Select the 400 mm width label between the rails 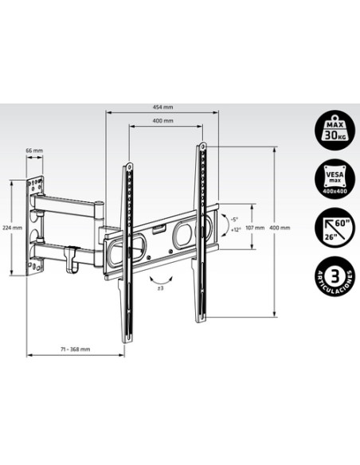tap(163, 121)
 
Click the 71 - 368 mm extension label tap(73, 349)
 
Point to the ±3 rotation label tap(159, 288)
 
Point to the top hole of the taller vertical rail tap(205, 147)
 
